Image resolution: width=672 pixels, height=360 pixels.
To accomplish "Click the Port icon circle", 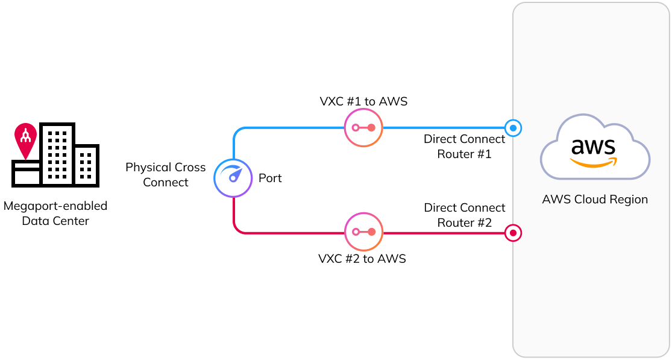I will pyautogui.click(x=233, y=178).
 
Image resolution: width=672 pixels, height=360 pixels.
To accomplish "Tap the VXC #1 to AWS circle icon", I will pyautogui.click(x=363, y=128).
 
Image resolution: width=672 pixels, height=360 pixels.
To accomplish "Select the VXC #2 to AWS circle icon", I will pyautogui.click(x=363, y=232).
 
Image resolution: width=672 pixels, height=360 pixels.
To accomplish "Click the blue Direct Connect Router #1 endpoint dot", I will pyautogui.click(x=513, y=128).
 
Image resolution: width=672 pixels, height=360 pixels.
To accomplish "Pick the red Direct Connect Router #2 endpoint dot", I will pyautogui.click(x=513, y=232).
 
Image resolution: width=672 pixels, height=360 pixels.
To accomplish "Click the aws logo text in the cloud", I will pyautogui.click(x=593, y=147).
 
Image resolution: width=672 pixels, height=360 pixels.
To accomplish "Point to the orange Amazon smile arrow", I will pyautogui.click(x=594, y=162).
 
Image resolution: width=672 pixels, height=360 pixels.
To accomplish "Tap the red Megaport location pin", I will pyautogui.click(x=25, y=139).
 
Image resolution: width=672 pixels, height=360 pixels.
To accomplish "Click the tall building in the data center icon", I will pyautogui.click(x=57, y=154).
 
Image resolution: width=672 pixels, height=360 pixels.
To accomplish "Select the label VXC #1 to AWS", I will pyautogui.click(x=363, y=101).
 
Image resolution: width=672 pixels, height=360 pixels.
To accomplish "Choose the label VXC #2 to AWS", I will pyautogui.click(x=362, y=259).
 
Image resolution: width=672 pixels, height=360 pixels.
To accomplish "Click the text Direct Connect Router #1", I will pyautogui.click(x=465, y=147).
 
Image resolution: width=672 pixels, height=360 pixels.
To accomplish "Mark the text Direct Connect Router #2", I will pyautogui.click(x=465, y=215).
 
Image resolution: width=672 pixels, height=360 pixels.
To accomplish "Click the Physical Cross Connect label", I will pyautogui.click(x=166, y=175).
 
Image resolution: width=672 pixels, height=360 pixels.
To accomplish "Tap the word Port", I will pyautogui.click(x=270, y=178).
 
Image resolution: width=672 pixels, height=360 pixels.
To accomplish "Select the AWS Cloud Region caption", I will pyautogui.click(x=595, y=200).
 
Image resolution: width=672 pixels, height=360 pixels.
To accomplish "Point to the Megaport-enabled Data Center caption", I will pyautogui.click(x=55, y=213).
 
